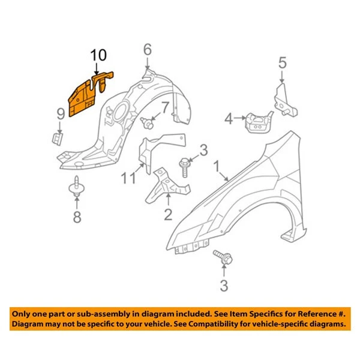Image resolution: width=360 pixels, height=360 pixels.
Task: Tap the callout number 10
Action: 99,56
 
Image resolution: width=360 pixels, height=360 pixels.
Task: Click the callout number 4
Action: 229,119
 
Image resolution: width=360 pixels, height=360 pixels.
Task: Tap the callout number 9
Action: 61,113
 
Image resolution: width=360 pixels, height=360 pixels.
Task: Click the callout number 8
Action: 77,217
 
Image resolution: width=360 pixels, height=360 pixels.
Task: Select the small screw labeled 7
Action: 146,124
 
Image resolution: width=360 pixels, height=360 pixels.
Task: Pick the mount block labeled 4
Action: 255,122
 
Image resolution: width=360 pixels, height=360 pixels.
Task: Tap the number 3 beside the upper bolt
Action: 203,150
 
